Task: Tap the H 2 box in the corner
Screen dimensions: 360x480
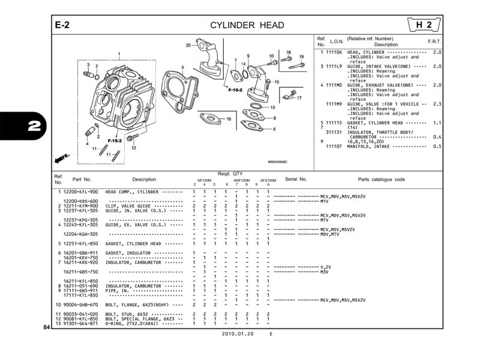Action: pos(425,25)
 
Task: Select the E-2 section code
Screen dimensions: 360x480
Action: pos(63,25)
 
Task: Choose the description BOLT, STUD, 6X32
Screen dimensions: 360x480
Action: pos(127,314)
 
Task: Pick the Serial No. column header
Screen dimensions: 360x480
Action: pos(296,179)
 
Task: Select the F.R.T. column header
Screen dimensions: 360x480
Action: pos(434,41)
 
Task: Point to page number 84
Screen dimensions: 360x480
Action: pos(47,328)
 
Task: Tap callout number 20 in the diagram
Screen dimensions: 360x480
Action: pos(188,46)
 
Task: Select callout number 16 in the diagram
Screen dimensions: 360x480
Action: pos(229,119)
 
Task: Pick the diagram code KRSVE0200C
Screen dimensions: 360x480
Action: pos(278,161)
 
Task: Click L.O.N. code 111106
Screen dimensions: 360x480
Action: pos(334,53)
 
